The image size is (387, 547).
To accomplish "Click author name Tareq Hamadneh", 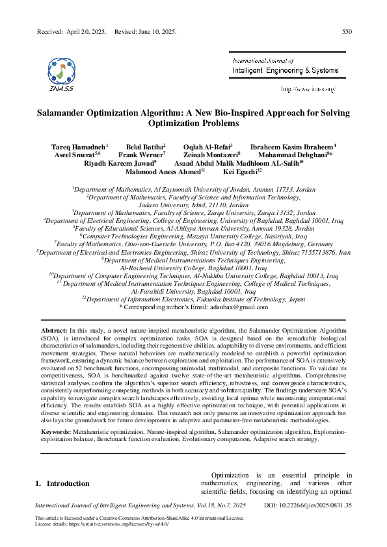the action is [x=78, y=147].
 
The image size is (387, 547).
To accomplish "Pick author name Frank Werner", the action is [x=141, y=155].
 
